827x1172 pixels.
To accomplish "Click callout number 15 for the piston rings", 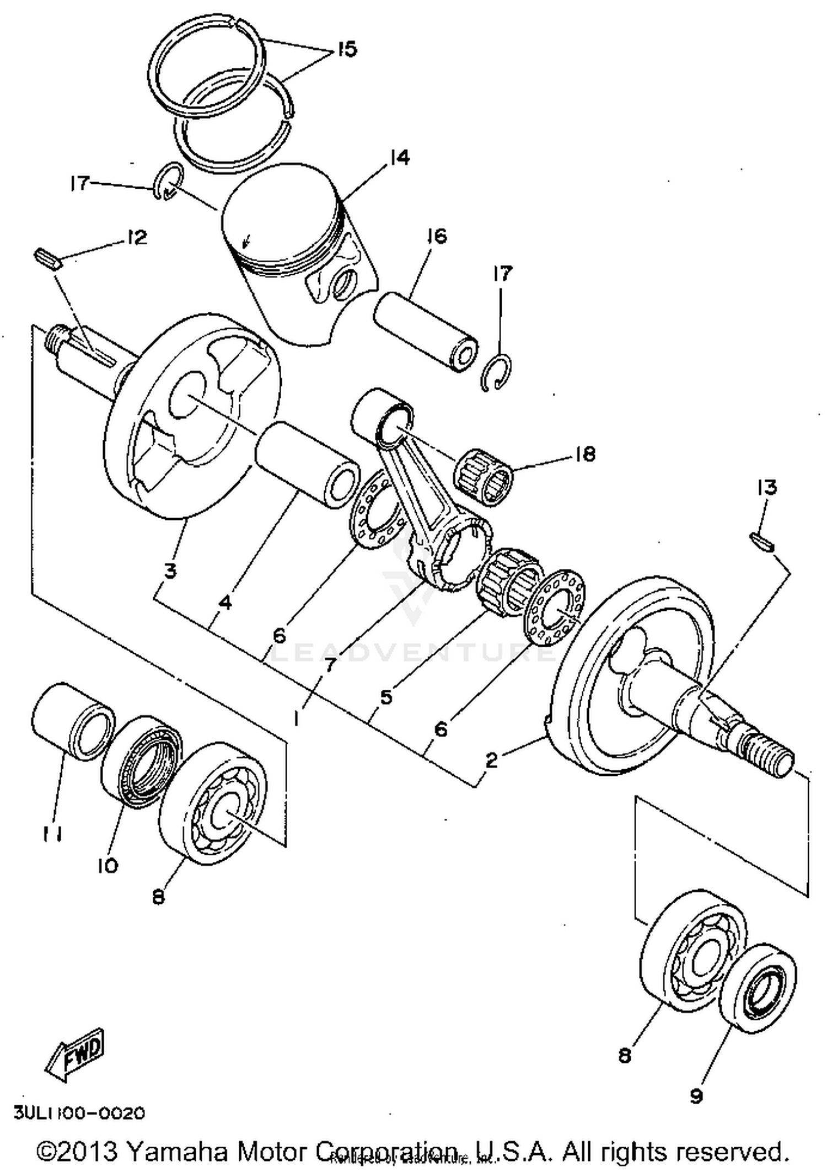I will [x=347, y=49].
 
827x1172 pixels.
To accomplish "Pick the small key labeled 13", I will [x=764, y=541].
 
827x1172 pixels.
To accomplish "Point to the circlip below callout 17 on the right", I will [x=496, y=374].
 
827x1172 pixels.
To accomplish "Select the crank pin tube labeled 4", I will [x=308, y=465].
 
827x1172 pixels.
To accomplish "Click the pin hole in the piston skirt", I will [x=346, y=283].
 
